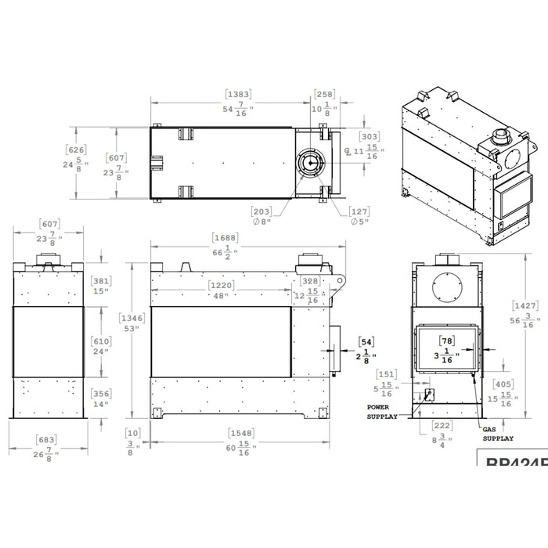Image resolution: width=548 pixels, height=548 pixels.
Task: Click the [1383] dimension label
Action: point(239,94)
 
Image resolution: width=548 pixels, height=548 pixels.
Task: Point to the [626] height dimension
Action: point(76,150)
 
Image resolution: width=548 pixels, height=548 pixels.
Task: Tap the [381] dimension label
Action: point(99,281)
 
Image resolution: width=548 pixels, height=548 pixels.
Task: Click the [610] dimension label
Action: point(100,341)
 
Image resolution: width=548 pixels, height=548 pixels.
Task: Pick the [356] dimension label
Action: point(100,394)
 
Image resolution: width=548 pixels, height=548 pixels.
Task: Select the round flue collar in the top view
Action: point(310,162)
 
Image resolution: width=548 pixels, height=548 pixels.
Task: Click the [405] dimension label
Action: point(504,384)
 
